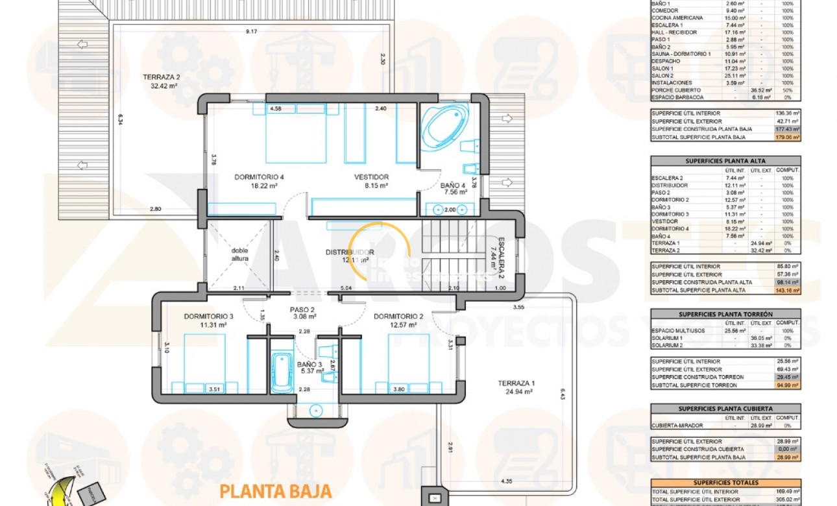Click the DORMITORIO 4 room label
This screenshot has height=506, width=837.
coord(259,176)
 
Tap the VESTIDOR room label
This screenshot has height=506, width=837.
coord(371,176)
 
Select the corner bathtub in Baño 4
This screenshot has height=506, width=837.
coord(444,126)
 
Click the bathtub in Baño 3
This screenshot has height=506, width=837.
coord(281,372)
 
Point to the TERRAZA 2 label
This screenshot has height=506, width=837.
coord(161,77)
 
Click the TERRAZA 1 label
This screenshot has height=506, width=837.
coord(515,383)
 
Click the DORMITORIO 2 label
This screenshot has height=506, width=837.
coord(398,317)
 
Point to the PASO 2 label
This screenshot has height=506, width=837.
coord(302,309)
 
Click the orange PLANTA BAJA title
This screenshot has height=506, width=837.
coord(276,491)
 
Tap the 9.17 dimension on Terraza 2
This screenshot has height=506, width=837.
coord(251,31)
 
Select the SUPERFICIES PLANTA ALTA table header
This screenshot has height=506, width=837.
coord(725,160)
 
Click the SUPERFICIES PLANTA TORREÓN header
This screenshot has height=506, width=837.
coord(725,314)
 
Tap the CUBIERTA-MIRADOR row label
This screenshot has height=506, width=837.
coord(676,426)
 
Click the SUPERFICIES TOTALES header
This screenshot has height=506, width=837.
coord(725,483)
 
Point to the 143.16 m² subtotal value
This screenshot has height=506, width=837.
coord(787,290)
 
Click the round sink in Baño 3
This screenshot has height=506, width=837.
coord(316,410)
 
